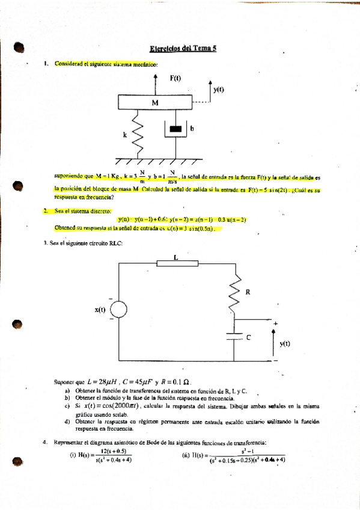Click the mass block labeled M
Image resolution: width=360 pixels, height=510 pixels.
pyautogui.click(x=155, y=103)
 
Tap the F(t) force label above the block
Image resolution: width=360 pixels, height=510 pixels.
pyautogui.click(x=175, y=78)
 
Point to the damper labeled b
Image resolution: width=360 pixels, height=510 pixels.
pyautogui.click(x=175, y=129)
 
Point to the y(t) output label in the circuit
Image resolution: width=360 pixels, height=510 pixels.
pyautogui.click(x=285, y=343)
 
